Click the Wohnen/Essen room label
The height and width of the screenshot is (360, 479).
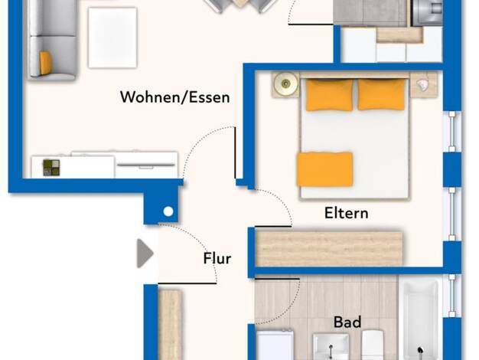click(x=175, y=97)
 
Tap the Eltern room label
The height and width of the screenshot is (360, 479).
click(x=346, y=213)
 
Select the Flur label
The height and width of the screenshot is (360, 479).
click(x=217, y=258)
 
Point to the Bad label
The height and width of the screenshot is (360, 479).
click(x=347, y=322)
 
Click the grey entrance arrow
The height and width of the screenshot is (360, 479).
click(x=145, y=254)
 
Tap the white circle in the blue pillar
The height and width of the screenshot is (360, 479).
click(x=168, y=211)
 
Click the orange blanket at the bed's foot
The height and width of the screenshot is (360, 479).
click(x=325, y=169)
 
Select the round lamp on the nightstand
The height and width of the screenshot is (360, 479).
click(x=285, y=83)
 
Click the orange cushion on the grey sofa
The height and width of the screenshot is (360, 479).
click(x=45, y=63)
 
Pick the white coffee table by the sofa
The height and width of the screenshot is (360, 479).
click(x=112, y=38)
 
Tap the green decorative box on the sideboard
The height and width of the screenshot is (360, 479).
click(x=51, y=168)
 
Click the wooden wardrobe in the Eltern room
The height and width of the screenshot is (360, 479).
click(x=328, y=249)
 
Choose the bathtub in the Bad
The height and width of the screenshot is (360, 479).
click(x=420, y=320)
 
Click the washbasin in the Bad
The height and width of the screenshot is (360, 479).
click(x=331, y=347)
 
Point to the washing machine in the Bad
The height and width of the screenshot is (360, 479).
click(x=275, y=345)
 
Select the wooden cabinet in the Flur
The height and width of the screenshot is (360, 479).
click(x=170, y=325)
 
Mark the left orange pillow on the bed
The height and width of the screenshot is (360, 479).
click(x=329, y=94)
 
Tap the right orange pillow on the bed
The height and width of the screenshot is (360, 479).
click(x=382, y=94)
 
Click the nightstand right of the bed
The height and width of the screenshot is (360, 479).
click(x=424, y=85)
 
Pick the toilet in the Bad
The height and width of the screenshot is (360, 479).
click(x=373, y=345)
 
